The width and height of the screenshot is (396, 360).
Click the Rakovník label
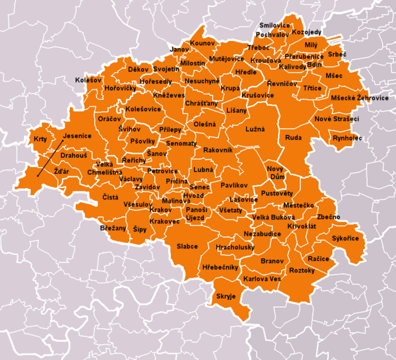pyautogui.click(x=218, y=151)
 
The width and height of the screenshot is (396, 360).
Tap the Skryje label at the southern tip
pyautogui.click(x=226, y=297)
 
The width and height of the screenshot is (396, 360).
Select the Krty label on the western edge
pyautogui.click(x=40, y=139)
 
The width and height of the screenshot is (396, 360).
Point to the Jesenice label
pyautogui.click(x=77, y=136)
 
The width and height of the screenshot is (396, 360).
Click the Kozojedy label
pyautogui.click(x=306, y=32)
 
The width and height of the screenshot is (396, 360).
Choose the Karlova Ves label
pyautogui.click(x=262, y=279)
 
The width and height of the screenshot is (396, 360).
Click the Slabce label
pyautogui.click(x=187, y=246)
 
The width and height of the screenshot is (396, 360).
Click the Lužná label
pyautogui.click(x=254, y=129)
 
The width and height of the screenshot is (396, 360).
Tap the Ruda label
pyautogui.click(x=293, y=138)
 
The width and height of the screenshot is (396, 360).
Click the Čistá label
pyautogui.click(x=110, y=197)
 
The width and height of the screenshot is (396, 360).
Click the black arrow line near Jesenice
pyautogui.click(x=49, y=159)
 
